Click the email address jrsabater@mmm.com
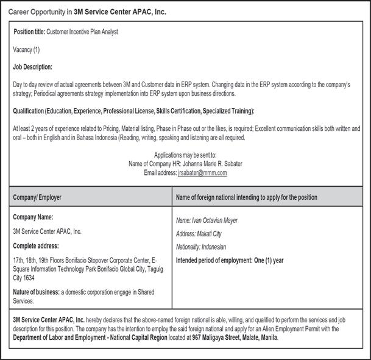[x=202, y=173]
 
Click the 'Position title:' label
[x=29, y=32]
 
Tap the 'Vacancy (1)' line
[x=26, y=49]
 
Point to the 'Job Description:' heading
[x=32, y=66]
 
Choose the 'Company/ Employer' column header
[x=37, y=197]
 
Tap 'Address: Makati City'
[x=199, y=234]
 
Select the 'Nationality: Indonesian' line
[x=201, y=247]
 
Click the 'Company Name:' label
[x=33, y=217]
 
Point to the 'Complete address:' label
[x=37, y=245]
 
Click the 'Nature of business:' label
[x=36, y=292]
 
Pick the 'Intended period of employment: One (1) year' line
[x=230, y=261]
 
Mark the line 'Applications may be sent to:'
[x=185, y=155]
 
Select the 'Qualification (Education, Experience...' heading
[x=133, y=111]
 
